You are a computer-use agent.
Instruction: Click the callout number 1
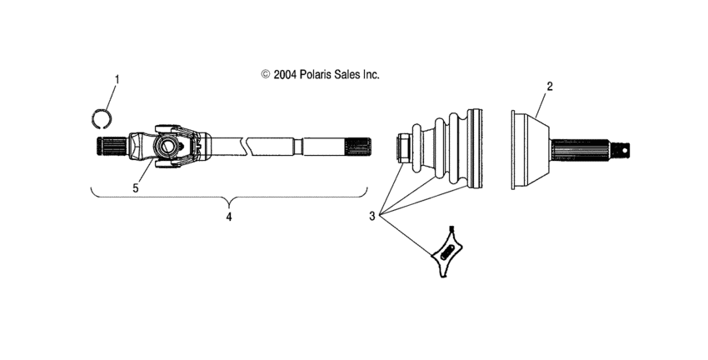117,80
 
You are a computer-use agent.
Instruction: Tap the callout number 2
549,86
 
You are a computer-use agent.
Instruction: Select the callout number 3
373,216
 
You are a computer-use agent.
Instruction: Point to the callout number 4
229,217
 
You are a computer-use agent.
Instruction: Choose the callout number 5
136,187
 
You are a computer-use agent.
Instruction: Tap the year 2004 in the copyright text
283,74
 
